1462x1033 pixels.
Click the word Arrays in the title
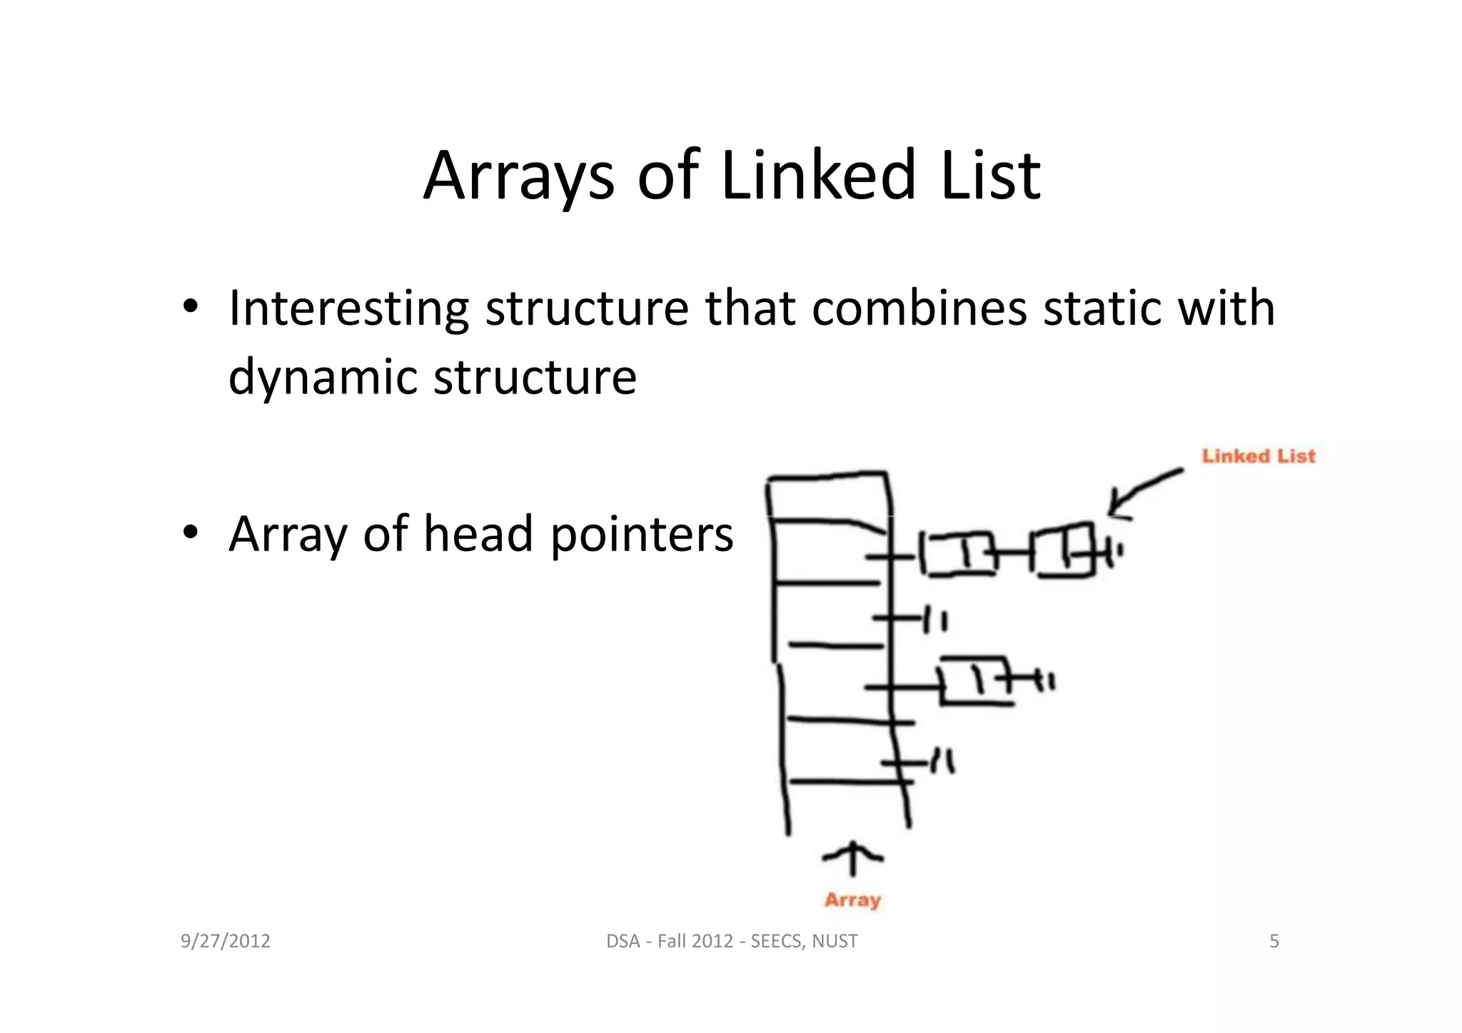click(x=518, y=176)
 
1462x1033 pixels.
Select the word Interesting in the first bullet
click(x=348, y=308)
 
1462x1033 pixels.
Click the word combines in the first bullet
click(x=919, y=308)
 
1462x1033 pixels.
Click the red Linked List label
click(x=1258, y=456)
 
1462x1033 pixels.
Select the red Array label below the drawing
click(x=852, y=900)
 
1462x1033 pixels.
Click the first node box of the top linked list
click(x=957, y=553)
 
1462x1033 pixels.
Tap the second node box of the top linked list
click(x=1065, y=550)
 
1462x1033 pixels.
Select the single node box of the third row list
click(x=975, y=680)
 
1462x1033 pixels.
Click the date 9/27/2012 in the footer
click(x=226, y=942)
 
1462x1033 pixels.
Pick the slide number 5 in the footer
click(x=1274, y=942)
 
